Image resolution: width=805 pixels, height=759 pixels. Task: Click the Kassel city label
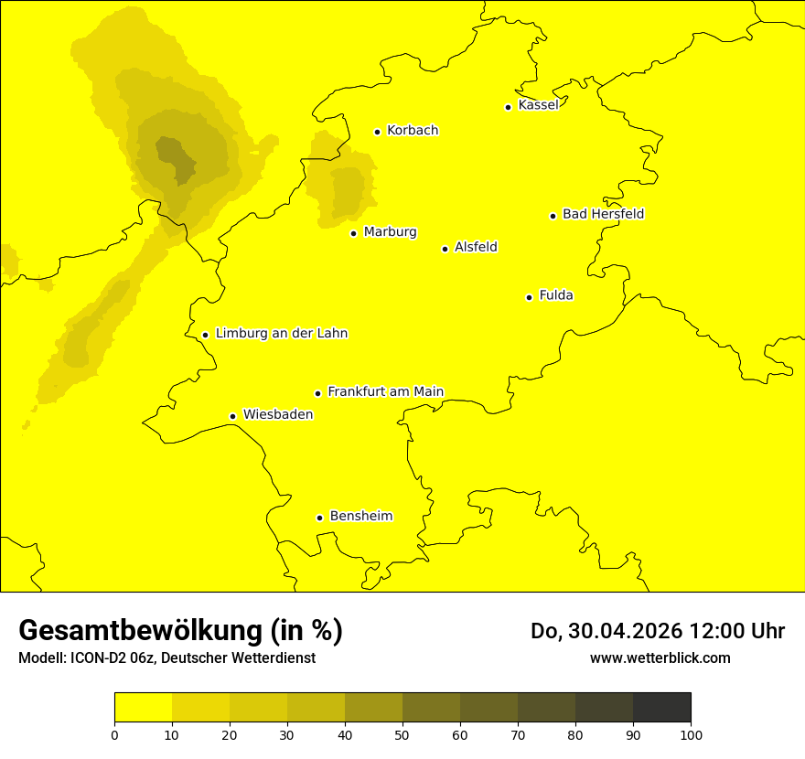coord(538,105)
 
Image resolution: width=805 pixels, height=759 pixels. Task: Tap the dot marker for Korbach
coord(377,132)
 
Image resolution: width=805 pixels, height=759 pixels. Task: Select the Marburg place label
coord(390,232)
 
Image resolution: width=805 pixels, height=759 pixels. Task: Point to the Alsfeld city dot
coord(445,249)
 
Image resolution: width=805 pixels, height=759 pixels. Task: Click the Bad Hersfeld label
coord(603,214)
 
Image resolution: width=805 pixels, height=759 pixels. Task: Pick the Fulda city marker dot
coord(529,297)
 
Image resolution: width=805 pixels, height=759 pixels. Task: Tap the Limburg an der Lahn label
coord(281,334)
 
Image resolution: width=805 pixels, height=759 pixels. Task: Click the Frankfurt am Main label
coord(385,392)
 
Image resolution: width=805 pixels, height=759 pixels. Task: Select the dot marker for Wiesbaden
coord(232,417)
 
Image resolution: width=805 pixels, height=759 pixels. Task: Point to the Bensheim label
coord(360,517)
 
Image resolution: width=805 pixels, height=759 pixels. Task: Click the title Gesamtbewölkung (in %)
coord(180,631)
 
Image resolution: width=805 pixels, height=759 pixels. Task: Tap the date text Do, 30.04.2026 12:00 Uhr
coord(658,631)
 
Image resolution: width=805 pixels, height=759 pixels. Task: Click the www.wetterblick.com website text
coord(660,657)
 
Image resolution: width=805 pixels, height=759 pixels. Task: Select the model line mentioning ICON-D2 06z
coord(166,658)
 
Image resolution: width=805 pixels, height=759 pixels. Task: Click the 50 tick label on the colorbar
coord(402,734)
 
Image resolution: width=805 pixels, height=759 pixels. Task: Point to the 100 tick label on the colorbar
coord(691,734)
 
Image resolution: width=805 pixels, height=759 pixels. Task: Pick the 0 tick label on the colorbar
coord(114,734)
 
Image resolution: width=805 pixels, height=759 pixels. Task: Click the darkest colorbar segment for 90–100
coord(661,708)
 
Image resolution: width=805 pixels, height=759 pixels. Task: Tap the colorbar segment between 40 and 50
coord(373,708)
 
